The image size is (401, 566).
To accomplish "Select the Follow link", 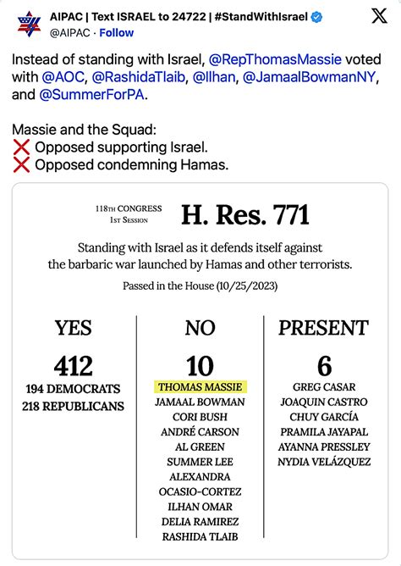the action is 117,33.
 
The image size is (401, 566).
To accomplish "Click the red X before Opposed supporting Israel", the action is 22,147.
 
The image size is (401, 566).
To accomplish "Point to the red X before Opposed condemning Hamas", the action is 22,164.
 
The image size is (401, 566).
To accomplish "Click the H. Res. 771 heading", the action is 245,215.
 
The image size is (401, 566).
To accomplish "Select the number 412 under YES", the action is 73,365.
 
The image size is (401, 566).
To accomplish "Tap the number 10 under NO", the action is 200,365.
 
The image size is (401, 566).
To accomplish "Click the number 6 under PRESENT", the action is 325,365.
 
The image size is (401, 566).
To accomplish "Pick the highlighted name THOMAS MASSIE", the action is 200,386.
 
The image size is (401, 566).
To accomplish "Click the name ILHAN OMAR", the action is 200,507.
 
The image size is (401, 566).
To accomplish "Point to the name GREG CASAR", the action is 325,386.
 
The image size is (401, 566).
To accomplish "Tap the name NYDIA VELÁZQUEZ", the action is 325,462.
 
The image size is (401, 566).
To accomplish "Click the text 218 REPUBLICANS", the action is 73,406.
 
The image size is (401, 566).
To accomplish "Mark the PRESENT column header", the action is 325,328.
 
